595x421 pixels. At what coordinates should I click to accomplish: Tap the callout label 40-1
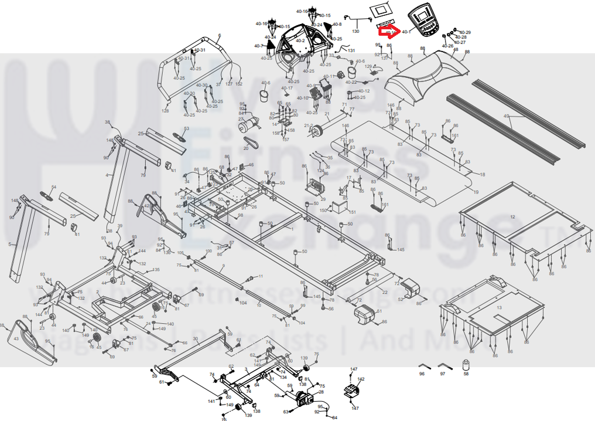pos(406,32)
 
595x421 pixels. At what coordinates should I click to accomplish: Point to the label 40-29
pos(465,32)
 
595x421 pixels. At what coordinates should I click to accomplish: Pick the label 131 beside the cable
pos(351,51)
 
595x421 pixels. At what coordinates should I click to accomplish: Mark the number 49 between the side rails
pos(507,116)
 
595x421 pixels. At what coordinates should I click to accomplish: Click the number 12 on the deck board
pos(512,217)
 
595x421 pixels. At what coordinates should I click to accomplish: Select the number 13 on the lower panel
pos(499,307)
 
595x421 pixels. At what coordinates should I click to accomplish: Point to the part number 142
pos(361,379)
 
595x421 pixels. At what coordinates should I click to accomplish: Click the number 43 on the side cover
pos(16,339)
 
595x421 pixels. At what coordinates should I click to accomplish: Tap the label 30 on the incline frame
pos(196,339)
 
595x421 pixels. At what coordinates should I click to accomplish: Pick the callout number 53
pos(187,128)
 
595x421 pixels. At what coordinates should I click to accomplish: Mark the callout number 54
pos(54,187)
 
